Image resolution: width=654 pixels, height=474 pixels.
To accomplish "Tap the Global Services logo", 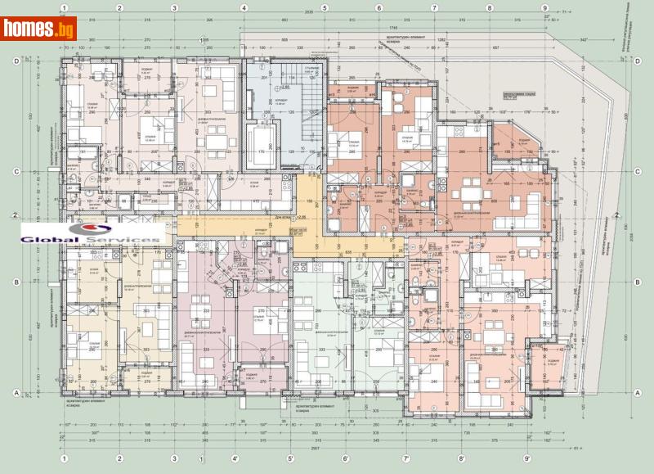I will (91, 233).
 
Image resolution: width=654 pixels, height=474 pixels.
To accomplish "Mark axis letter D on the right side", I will (637, 61).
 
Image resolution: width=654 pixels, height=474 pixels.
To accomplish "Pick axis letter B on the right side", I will (637, 282).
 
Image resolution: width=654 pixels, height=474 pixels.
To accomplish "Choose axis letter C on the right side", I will (637, 172).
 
